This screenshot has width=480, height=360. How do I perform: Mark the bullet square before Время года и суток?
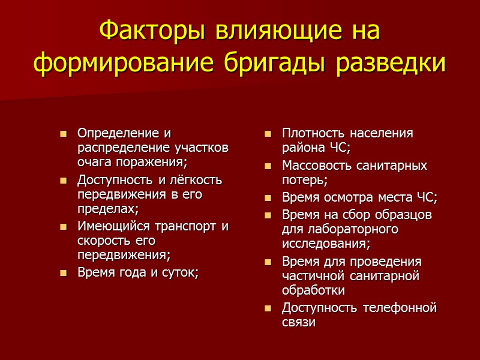tap(63, 273)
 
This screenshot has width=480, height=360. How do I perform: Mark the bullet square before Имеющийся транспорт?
tap(63, 227)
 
